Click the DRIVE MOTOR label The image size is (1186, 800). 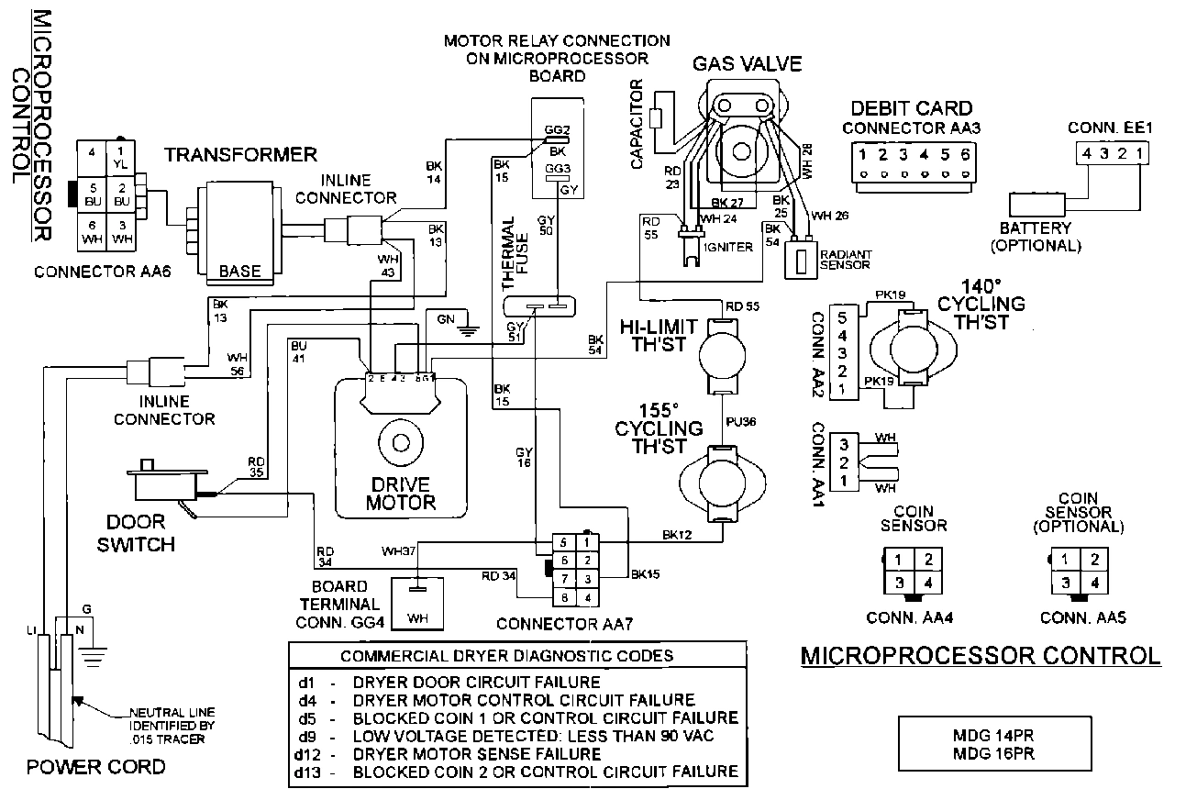401,493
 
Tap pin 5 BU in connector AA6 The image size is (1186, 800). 93,195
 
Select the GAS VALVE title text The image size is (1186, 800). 747,63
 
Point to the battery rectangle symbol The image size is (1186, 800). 1036,204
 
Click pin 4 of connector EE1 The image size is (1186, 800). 1085,154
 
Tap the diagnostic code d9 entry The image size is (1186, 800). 514,735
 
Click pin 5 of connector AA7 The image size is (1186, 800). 566,542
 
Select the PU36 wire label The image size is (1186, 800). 740,422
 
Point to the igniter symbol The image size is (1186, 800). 688,246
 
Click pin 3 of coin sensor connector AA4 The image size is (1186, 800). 901,583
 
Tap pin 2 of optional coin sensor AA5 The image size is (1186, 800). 1093,559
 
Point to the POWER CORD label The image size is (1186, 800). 95,767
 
